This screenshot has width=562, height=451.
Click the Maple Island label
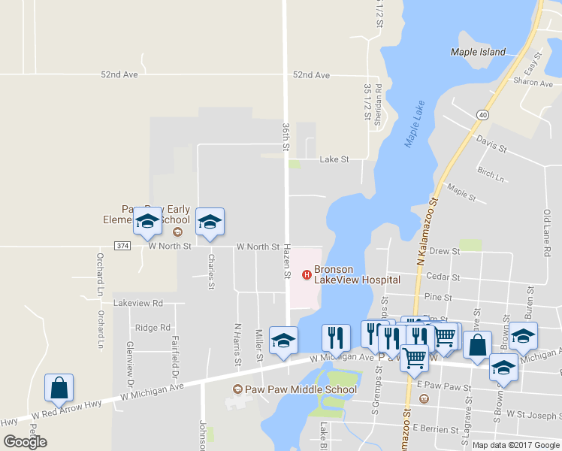pyautogui.click(x=478, y=52)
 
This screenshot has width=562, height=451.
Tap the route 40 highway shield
pyautogui.click(x=482, y=114)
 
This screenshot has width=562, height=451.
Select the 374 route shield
pyautogui.click(x=123, y=246)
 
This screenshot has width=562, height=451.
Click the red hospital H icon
pyautogui.click(x=306, y=274)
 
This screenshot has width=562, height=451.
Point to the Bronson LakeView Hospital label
pyautogui.click(x=357, y=274)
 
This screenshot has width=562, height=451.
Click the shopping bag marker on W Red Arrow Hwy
pyautogui.click(x=59, y=388)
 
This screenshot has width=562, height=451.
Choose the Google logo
pyautogui.click(x=25, y=441)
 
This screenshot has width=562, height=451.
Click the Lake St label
pyautogui.click(x=334, y=159)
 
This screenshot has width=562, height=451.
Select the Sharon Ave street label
pyautogui.click(x=533, y=82)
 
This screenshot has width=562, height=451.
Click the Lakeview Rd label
pyautogui.click(x=137, y=304)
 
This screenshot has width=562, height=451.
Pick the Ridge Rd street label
pyautogui.click(x=153, y=328)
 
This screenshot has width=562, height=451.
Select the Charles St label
pyautogui.click(x=211, y=274)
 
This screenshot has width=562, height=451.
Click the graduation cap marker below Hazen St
pyautogui.click(x=283, y=341)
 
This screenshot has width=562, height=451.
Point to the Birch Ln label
pyautogui.click(x=491, y=174)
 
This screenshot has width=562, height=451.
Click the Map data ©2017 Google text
pyautogui.click(x=515, y=444)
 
